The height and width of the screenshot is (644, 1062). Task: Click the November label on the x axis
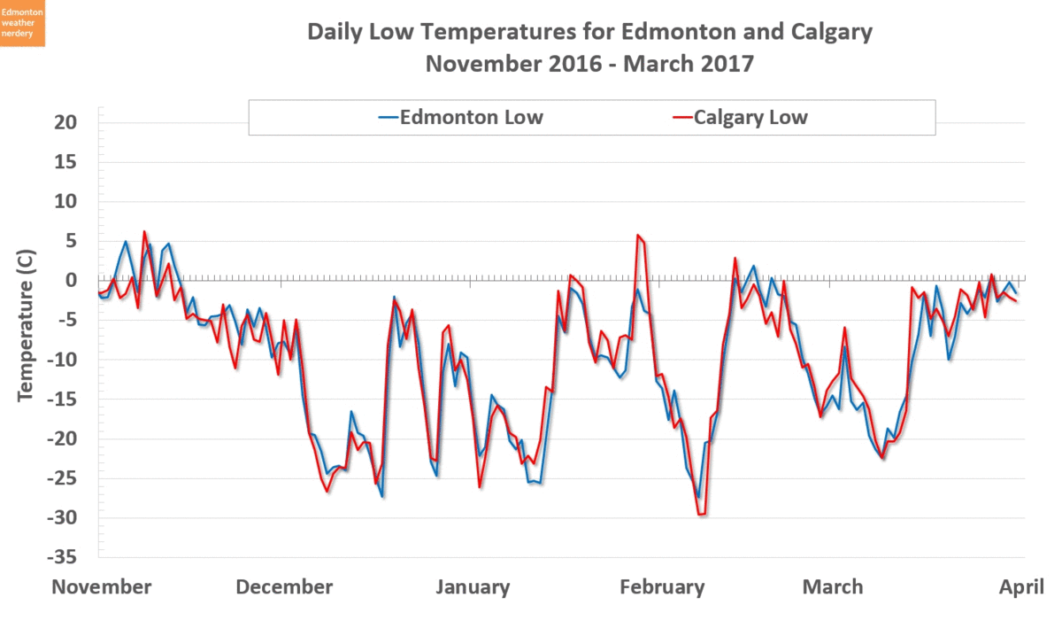102,587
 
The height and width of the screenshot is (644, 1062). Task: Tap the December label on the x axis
285,587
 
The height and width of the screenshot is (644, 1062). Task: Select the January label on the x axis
473,587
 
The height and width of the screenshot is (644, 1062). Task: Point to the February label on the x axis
662,587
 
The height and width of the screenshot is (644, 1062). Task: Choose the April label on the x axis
1022,587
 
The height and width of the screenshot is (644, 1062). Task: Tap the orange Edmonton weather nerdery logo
22,23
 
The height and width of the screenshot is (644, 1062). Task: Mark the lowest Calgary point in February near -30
702,514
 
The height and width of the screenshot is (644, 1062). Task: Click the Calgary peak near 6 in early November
144,232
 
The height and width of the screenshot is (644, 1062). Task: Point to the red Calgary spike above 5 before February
638,236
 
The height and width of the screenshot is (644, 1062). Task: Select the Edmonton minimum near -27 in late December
382,496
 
